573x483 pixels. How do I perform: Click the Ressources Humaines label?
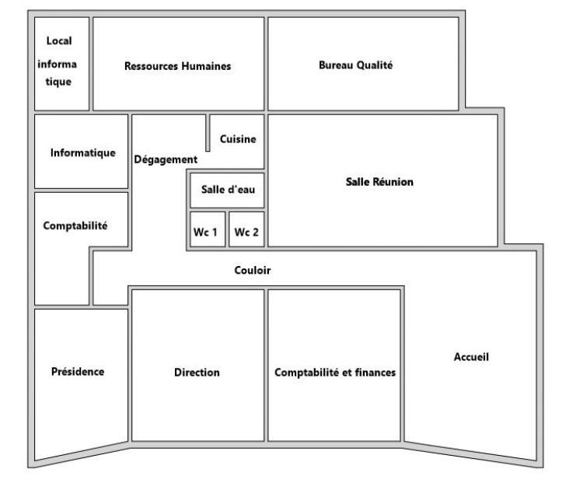click(177, 66)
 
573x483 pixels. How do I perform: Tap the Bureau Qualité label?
click(355, 65)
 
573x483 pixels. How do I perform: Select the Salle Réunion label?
click(379, 182)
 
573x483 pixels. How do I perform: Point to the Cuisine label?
click(238, 139)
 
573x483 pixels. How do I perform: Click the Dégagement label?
click(166, 159)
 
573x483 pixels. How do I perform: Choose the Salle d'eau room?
click(227, 191)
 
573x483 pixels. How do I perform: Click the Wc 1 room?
click(208, 229)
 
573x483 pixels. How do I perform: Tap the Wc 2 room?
click(246, 229)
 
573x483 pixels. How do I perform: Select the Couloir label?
click(253, 270)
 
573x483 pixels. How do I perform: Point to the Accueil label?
click(471, 357)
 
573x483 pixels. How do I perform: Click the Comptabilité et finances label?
click(335, 373)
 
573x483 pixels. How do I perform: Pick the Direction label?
click(197, 373)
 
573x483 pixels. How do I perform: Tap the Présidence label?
click(78, 372)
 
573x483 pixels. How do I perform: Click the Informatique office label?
click(83, 153)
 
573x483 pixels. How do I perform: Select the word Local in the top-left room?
click(59, 40)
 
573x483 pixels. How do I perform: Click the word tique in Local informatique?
click(58, 82)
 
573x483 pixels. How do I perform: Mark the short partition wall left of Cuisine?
click(208, 132)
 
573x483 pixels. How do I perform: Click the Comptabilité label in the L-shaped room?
click(75, 226)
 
